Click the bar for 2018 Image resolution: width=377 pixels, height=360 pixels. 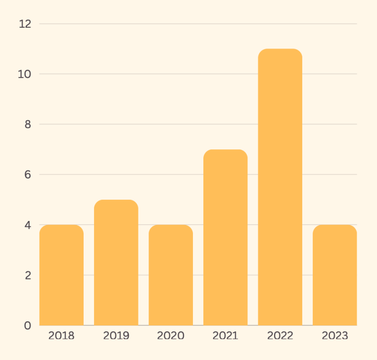tap(61, 275)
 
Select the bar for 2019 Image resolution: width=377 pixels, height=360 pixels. tap(116, 263)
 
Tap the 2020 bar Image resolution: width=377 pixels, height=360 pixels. tap(171, 275)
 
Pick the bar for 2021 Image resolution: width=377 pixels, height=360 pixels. tap(225, 237)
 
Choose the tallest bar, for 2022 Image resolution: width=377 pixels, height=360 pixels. tap(280, 187)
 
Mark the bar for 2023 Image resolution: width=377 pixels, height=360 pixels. tap(334, 275)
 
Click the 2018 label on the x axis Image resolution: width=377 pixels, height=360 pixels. tap(61, 336)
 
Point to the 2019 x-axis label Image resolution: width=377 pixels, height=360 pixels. tap(116, 336)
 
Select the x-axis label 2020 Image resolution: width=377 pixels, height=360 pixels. tap(171, 336)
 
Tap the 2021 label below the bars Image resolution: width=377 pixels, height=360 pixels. tap(225, 336)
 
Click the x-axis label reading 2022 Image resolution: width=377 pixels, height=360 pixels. tap(280, 336)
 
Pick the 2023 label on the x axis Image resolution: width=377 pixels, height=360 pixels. tap(334, 336)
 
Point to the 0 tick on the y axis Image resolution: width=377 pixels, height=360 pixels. tap(28, 325)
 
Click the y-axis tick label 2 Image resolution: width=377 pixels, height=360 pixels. tap(28, 275)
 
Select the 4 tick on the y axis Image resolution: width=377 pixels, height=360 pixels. tap(28, 225)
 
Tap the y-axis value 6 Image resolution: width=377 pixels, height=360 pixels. tap(28, 175)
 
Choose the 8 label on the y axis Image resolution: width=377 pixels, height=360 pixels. tap(28, 124)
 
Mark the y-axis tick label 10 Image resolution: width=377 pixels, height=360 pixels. tap(25, 74)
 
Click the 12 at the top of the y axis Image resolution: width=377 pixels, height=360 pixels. tap(25, 24)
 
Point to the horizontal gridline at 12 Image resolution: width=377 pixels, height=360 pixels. tap(198, 24)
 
